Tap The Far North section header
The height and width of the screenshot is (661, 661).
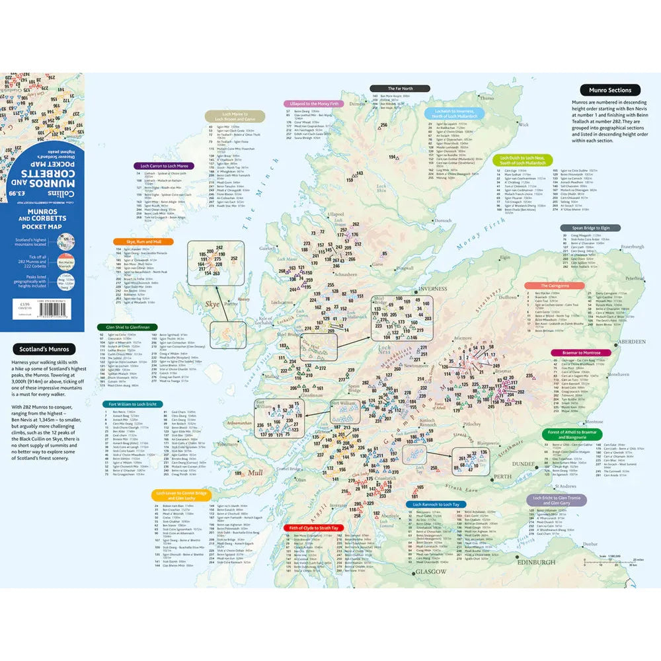pos(400,88)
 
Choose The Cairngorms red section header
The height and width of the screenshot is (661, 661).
pos(555,286)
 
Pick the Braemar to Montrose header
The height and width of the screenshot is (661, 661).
pos(572,354)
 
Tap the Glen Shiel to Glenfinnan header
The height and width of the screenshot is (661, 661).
pos(128,327)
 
